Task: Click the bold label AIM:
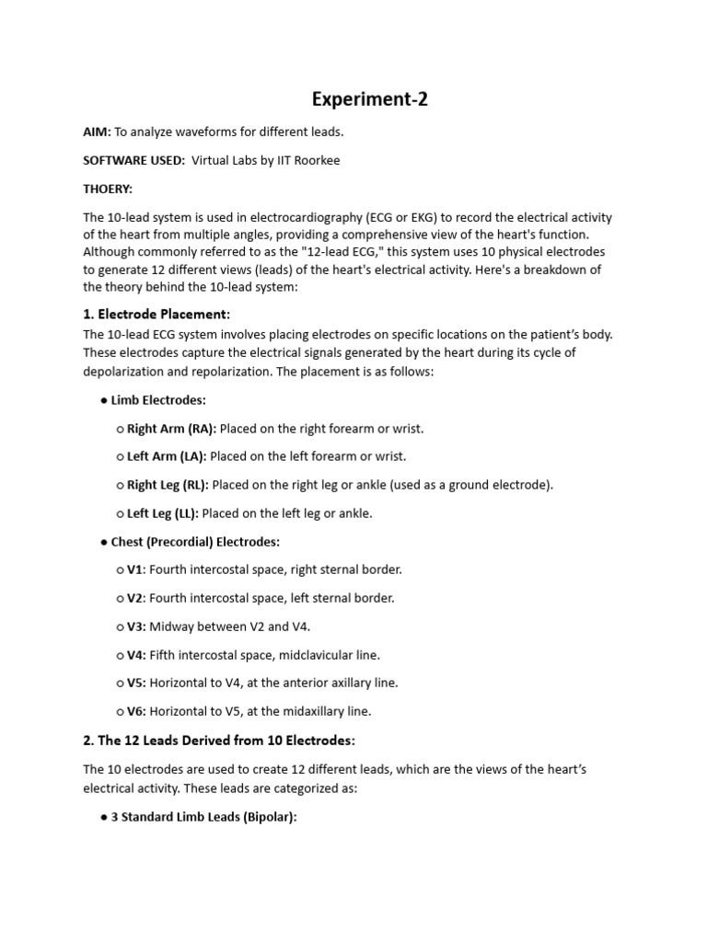coord(97,132)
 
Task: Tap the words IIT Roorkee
coord(307,160)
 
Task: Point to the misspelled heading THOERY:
coord(108,189)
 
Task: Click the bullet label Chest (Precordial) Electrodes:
coord(195,542)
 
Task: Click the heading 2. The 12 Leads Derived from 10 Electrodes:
coord(219,741)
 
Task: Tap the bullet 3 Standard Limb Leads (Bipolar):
coord(203,817)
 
